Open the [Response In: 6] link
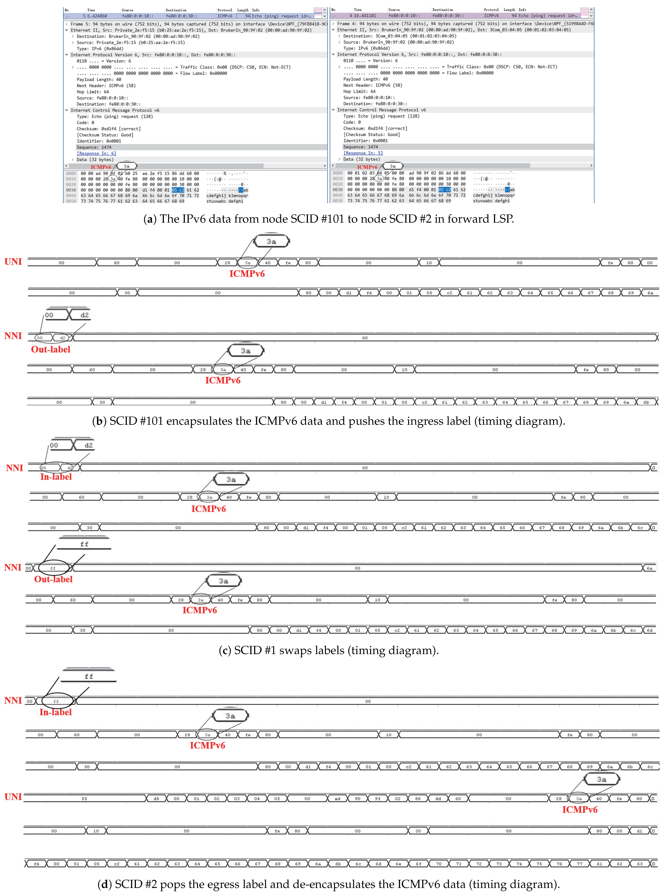[96, 153]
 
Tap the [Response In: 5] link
[363, 153]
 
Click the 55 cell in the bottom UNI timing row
[84, 799]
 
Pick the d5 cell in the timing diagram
[156, 799]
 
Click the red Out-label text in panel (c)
[53, 579]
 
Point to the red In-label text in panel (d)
[56, 712]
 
